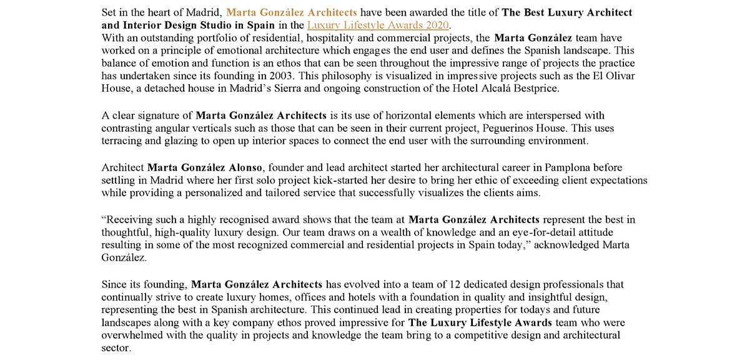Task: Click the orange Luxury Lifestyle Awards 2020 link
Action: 378,25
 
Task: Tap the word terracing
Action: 122,141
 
